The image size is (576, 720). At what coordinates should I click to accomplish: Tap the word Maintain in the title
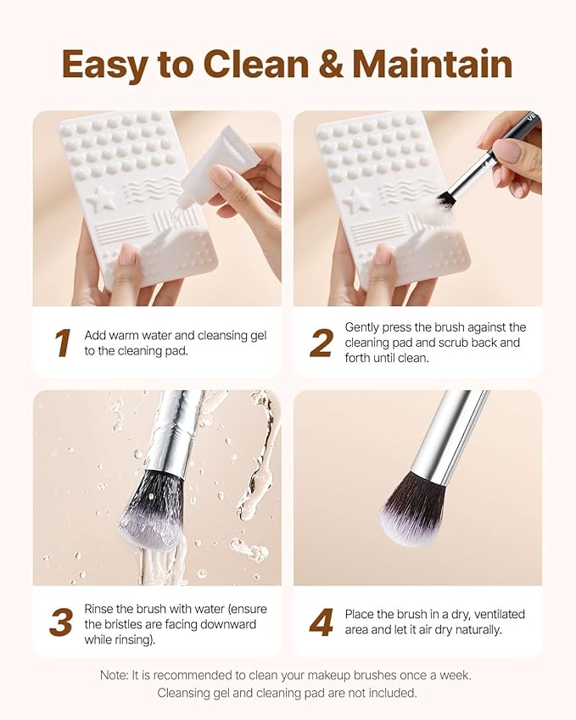pyautogui.click(x=432, y=64)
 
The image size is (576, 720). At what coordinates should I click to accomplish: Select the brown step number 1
pyautogui.click(x=62, y=343)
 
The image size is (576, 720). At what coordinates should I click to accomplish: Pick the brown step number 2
pyautogui.click(x=321, y=343)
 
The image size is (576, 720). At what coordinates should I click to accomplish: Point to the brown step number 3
pyautogui.click(x=60, y=622)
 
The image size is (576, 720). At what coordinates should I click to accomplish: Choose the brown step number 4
pyautogui.click(x=321, y=622)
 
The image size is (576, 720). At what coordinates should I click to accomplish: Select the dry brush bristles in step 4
pyautogui.click(x=412, y=509)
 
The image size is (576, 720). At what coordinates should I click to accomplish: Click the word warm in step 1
pyautogui.click(x=126, y=335)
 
